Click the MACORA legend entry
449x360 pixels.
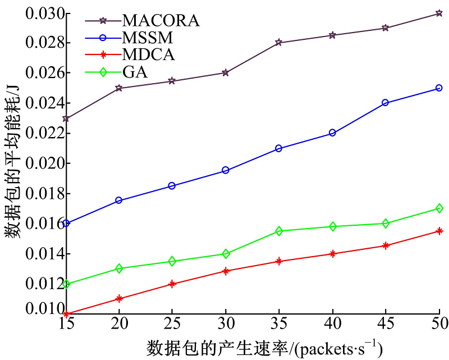pos(161,21)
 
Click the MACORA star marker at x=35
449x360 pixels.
pos(279,43)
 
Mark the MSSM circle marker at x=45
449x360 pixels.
pos(386,103)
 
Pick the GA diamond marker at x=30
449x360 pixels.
pos(226,254)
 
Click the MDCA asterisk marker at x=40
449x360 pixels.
pos(332,254)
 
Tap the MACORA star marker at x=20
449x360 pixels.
pos(119,88)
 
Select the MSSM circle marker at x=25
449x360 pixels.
pos(172,186)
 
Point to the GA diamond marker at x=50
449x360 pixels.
pos(439,208)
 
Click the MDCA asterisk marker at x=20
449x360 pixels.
pos(119,299)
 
